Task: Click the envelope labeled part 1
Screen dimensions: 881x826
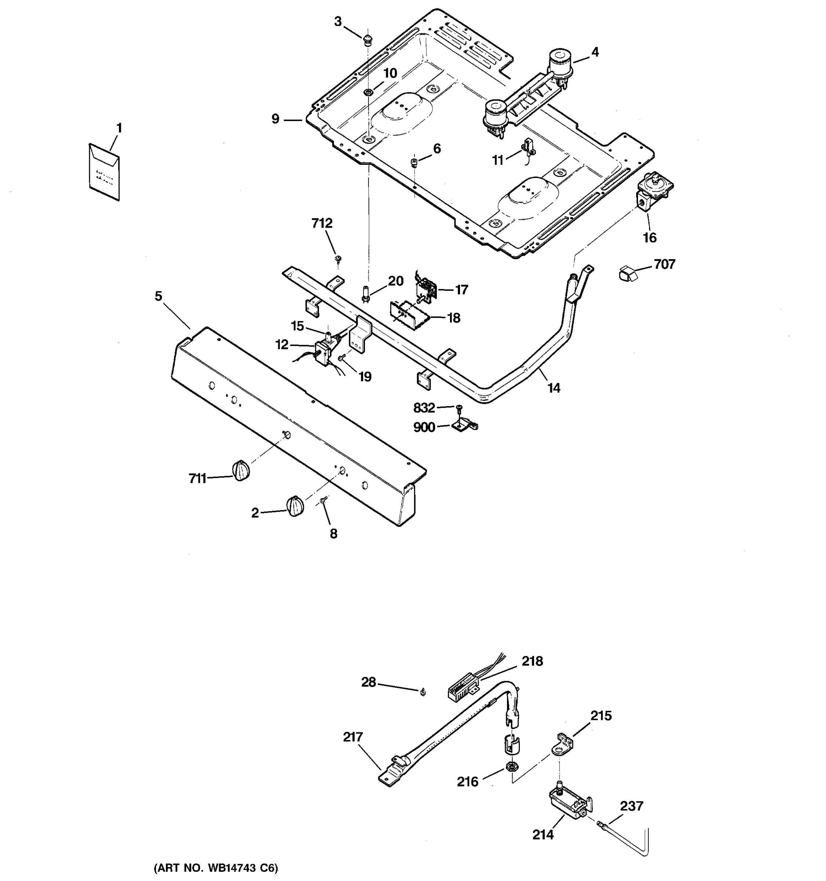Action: click(105, 171)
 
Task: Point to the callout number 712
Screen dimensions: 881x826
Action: click(322, 223)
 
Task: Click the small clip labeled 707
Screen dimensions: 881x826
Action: click(626, 273)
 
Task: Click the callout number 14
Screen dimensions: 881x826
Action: click(554, 388)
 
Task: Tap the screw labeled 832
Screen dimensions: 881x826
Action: click(459, 407)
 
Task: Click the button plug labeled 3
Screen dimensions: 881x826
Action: click(367, 40)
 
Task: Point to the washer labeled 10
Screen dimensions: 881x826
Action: click(368, 92)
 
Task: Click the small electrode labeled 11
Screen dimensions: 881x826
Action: click(528, 147)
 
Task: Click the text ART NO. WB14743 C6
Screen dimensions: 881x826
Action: click(216, 868)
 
